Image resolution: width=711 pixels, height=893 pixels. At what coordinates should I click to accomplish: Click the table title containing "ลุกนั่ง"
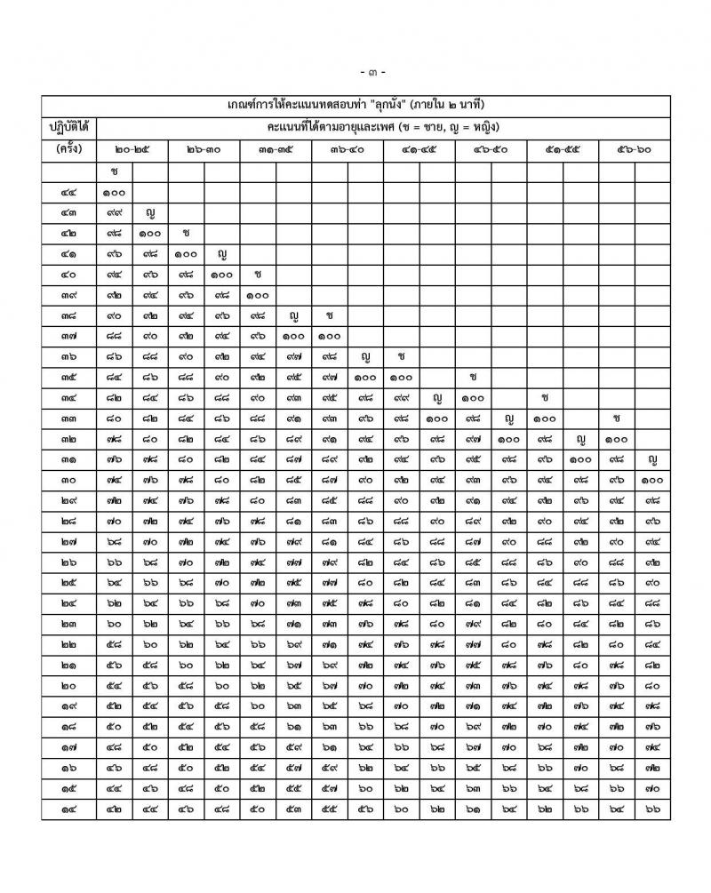coord(372,105)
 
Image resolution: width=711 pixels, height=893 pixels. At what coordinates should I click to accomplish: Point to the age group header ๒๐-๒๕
coord(132,149)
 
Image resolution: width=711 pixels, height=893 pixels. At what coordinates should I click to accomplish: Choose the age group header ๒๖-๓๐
coord(204,149)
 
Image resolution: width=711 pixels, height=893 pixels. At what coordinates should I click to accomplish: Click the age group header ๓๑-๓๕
coord(276,149)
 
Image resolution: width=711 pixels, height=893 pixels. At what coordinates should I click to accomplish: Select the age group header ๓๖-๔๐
coord(348,149)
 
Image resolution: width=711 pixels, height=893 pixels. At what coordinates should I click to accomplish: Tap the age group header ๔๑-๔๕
coord(419,149)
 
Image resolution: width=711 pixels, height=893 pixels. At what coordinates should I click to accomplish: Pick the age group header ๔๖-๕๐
coord(491,149)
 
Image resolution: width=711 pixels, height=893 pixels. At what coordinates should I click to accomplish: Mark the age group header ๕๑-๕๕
coord(563,149)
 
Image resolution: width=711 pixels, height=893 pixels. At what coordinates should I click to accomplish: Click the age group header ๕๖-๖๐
coord(635,149)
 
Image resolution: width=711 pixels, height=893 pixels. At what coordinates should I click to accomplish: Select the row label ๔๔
coord(69,192)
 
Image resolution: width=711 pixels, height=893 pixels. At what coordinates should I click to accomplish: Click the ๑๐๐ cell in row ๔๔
coord(115,192)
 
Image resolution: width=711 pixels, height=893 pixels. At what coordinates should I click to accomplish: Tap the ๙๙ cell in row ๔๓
coord(115,213)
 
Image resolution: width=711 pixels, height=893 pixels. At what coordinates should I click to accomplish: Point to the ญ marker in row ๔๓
coord(151,213)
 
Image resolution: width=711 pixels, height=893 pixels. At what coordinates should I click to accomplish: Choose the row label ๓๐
coord(69,481)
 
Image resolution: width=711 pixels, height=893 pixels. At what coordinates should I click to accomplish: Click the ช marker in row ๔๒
coord(187,234)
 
